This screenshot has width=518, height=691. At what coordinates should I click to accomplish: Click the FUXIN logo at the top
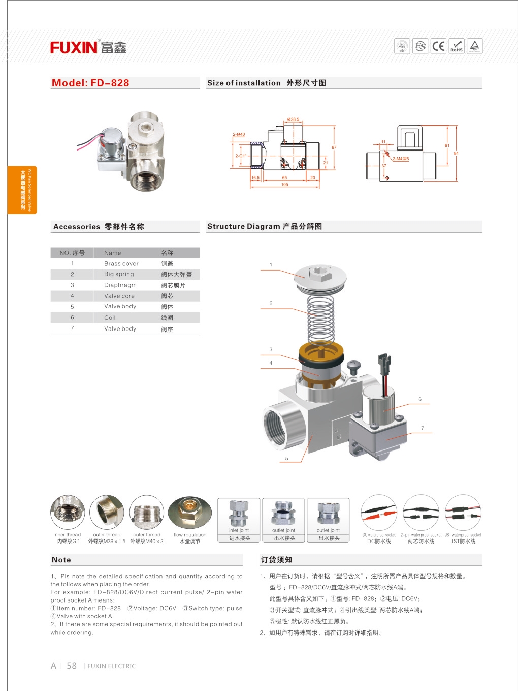[x=88, y=48]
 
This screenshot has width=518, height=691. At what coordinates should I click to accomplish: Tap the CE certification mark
[x=438, y=46]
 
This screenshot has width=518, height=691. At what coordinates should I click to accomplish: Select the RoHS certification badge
[x=457, y=46]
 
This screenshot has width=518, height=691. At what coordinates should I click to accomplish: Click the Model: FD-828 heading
[x=90, y=83]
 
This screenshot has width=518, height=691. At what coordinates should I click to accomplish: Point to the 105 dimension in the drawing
[x=285, y=185]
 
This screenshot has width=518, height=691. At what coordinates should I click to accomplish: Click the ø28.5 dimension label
[x=293, y=119]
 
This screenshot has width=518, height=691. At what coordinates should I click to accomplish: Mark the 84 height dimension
[x=456, y=153]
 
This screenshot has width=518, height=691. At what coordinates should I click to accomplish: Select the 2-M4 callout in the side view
[x=400, y=159]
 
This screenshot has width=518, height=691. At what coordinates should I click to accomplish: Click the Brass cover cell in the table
[x=121, y=263]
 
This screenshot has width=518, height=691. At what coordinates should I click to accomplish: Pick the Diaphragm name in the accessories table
[x=120, y=285]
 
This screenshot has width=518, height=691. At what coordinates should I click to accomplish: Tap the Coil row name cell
[x=110, y=318]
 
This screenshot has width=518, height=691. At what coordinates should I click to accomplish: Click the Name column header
[x=112, y=253]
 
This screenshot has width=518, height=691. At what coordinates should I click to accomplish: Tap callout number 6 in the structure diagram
[x=420, y=399]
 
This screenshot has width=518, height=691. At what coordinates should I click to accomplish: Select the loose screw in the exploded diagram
[x=353, y=366]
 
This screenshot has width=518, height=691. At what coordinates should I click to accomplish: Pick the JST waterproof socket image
[x=463, y=513]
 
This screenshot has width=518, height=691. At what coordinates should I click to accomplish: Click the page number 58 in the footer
[x=72, y=666]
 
